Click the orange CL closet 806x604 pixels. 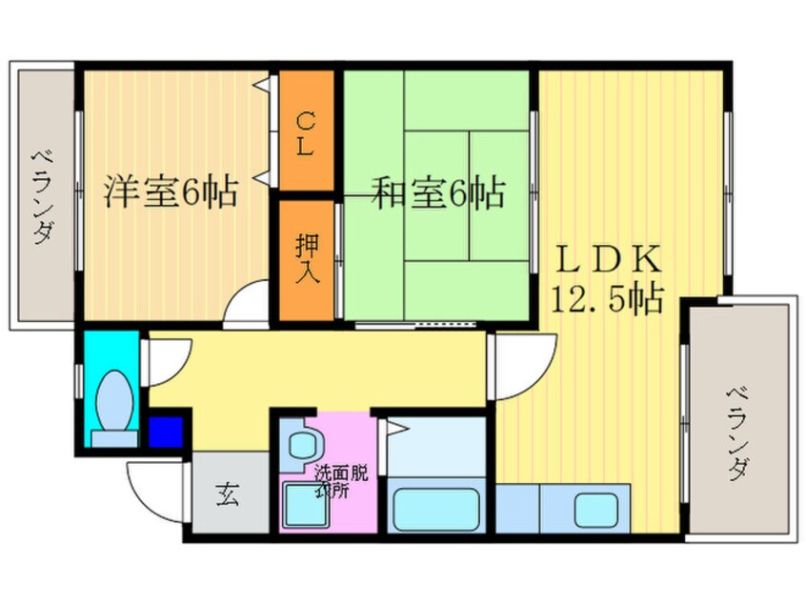tap(306, 133)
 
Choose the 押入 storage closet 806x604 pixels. tap(306, 258)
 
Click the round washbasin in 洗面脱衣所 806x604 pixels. tap(303, 444)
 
